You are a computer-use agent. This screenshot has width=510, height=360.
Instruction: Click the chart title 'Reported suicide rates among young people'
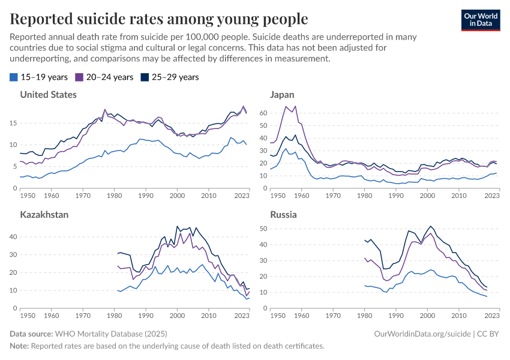(x=159, y=19)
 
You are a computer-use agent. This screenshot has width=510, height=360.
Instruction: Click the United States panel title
(x=49, y=94)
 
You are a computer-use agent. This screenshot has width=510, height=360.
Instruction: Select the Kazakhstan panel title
(x=45, y=214)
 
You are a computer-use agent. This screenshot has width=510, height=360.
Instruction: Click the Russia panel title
(x=283, y=214)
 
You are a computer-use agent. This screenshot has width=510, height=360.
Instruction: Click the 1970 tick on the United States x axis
(x=83, y=196)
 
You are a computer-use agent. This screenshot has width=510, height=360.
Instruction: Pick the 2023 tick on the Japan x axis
(x=491, y=196)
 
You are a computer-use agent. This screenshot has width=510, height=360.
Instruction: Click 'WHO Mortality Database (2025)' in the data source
(x=111, y=334)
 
